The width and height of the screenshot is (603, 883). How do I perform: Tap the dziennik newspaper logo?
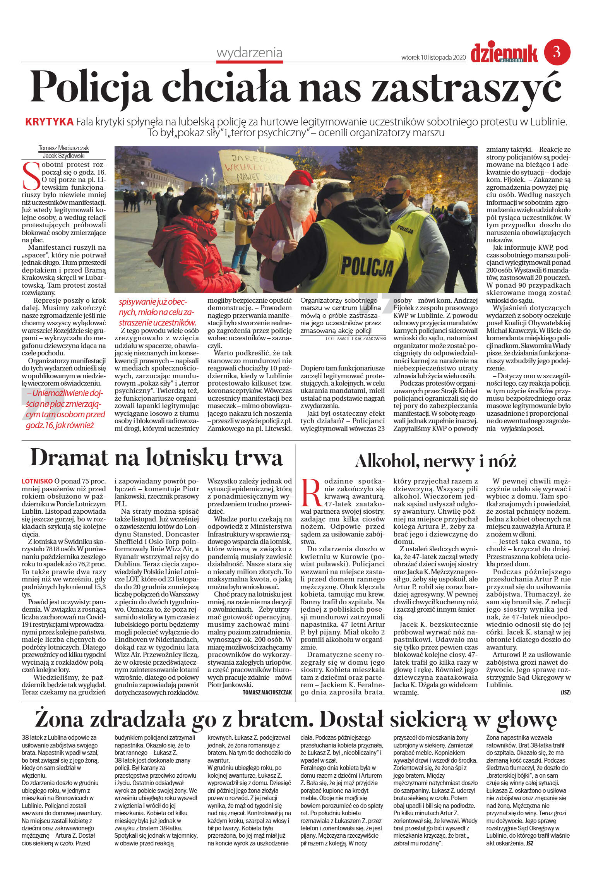point(504,53)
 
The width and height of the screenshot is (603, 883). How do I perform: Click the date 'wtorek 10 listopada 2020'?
point(433,57)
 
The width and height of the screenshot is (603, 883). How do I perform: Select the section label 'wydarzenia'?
point(249,53)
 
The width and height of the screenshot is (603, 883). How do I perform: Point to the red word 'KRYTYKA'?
point(49,122)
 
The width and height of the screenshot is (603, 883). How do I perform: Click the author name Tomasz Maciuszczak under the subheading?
point(63,148)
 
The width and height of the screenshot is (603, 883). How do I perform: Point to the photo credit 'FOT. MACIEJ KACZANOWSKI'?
point(356,338)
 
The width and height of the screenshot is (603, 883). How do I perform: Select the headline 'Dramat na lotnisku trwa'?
point(156,458)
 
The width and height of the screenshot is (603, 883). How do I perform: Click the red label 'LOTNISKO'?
point(37,481)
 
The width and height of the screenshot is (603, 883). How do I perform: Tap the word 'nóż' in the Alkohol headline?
point(502,461)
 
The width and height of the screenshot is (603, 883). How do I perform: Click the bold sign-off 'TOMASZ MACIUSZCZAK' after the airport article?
point(267,693)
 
